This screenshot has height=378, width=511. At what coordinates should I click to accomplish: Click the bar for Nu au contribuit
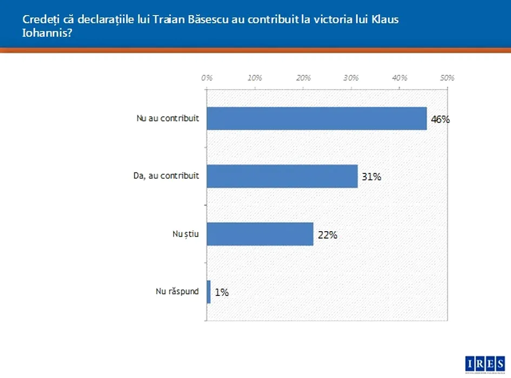click(x=316, y=118)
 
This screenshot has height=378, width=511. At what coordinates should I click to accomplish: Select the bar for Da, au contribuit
click(x=282, y=176)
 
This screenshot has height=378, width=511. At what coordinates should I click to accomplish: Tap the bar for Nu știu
click(x=260, y=234)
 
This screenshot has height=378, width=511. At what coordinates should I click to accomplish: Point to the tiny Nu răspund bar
click(x=209, y=292)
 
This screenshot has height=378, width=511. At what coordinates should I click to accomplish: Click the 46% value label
click(x=440, y=119)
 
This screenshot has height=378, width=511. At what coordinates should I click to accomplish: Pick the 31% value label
click(x=371, y=177)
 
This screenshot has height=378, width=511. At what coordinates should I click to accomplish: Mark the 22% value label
click(x=327, y=235)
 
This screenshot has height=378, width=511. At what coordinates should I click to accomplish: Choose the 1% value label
click(x=222, y=292)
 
